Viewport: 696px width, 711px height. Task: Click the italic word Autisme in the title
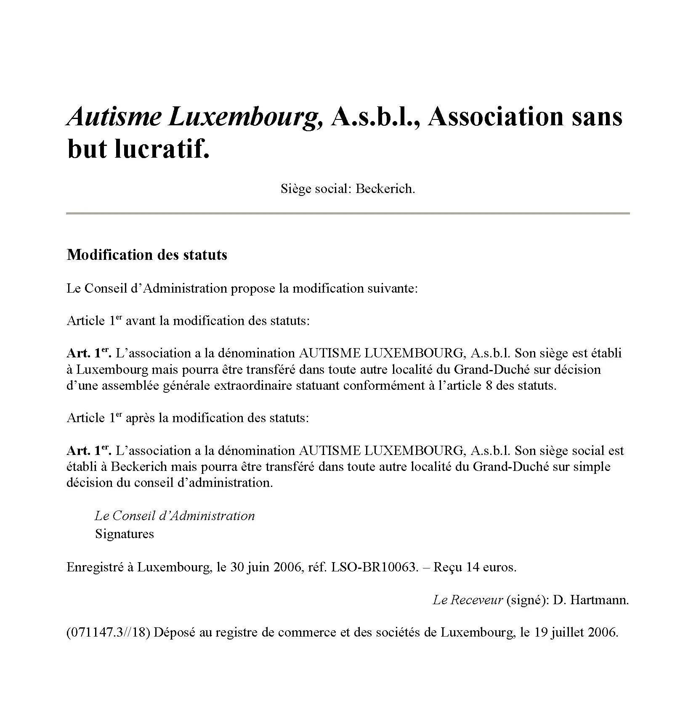point(114,116)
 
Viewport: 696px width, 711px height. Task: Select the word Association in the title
point(495,116)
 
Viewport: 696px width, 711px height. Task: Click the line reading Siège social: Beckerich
point(348,189)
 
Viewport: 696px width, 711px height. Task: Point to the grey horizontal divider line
point(348,214)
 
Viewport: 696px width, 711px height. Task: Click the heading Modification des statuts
point(147,255)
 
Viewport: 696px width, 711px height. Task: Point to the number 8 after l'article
point(489,386)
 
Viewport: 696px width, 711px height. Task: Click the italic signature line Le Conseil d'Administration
point(175,516)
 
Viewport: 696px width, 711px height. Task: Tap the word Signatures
point(125,534)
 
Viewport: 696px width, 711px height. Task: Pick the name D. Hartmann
point(591,600)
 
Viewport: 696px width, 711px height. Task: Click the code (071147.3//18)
point(108,632)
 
